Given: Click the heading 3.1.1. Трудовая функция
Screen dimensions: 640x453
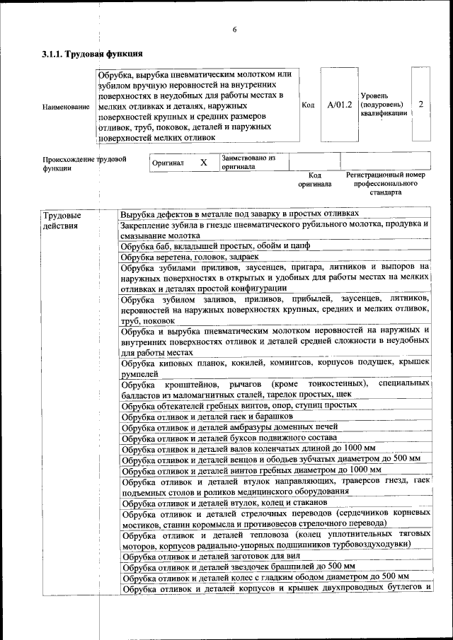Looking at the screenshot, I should (93, 54).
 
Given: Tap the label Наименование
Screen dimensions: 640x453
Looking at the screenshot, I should (66, 107).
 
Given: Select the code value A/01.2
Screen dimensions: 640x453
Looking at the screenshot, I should (340, 105).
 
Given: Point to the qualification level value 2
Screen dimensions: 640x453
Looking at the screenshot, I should (421, 104).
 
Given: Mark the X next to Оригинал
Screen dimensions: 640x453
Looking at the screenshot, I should (204, 163).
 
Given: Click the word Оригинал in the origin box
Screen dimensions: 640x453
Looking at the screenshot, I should (168, 163).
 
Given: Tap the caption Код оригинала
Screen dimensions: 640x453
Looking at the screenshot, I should (314, 180).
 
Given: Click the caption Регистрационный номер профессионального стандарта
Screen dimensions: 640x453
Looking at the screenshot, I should (385, 183).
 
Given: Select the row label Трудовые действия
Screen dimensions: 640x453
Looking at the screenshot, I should (62, 221).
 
